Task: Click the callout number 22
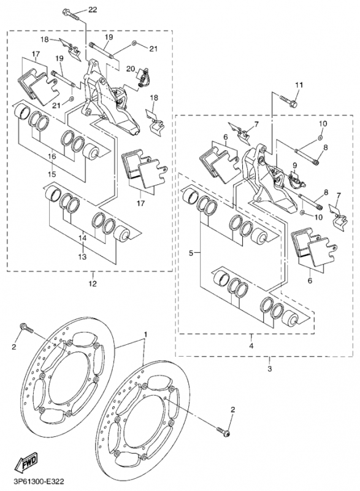[92, 10]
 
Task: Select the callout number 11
[299, 85]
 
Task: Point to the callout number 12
[93, 284]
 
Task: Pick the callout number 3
[270, 369]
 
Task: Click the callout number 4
[251, 346]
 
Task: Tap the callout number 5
[191, 253]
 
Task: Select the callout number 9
[294, 165]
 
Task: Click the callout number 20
[131, 69]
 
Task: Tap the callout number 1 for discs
[145, 334]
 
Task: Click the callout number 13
[82, 257]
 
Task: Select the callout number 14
[82, 239]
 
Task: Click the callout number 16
[52, 156]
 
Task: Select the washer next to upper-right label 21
[134, 42]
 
